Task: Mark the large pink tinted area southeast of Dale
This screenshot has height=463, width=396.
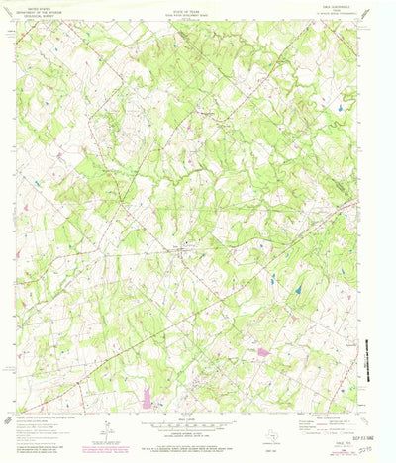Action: click(x=263, y=351)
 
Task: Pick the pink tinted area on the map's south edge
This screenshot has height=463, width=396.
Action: click(x=148, y=399)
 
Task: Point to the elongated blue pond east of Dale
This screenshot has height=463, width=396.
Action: click(x=296, y=291)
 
